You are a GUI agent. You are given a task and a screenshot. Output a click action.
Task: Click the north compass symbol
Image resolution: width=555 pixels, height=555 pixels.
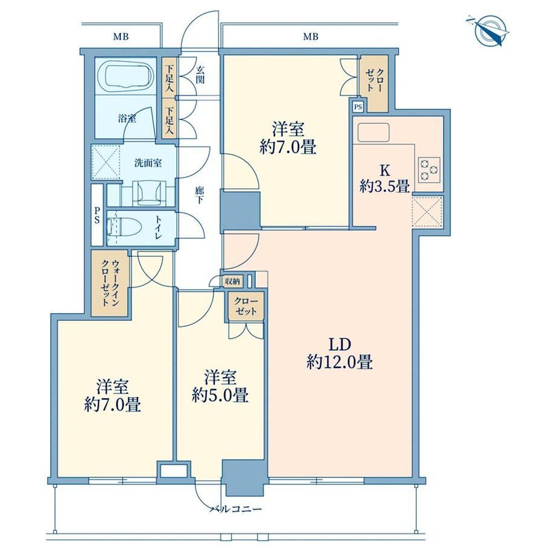489,31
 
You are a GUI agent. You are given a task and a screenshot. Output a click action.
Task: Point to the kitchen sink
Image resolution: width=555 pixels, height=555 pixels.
373,132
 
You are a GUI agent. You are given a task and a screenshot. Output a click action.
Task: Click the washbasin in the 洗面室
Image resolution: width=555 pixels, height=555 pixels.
149,193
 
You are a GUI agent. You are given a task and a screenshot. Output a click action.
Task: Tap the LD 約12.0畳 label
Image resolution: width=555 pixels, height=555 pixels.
339,354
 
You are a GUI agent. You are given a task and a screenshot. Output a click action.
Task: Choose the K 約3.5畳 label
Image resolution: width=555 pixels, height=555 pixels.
385,179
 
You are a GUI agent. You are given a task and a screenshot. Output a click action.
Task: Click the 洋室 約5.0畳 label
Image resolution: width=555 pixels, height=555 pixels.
220,386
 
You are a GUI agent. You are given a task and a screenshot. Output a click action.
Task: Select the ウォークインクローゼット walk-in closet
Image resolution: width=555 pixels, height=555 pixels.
110,283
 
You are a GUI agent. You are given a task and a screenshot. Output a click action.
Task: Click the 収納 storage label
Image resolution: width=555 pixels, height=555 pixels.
232,281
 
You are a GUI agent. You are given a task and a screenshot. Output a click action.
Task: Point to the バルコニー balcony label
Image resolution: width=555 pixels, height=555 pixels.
236,509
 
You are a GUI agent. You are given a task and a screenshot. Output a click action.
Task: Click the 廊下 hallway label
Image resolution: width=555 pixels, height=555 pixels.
199,195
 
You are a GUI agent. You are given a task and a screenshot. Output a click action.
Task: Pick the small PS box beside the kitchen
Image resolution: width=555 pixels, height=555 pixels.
358,107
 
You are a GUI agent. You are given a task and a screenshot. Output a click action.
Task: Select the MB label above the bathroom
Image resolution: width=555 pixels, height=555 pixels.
121,36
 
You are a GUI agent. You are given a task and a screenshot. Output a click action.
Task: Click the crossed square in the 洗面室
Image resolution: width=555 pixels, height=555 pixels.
106,162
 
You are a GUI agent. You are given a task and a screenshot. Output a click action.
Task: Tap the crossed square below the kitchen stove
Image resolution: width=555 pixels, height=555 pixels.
427,212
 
